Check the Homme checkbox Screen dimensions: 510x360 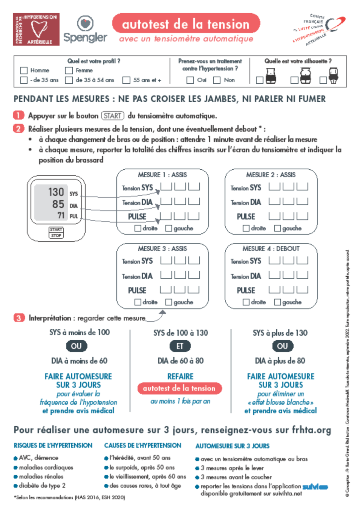click(24, 70)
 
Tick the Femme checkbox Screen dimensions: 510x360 click(69, 70)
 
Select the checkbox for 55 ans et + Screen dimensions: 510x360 click(126, 80)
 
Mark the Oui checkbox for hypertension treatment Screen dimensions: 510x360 click(190, 80)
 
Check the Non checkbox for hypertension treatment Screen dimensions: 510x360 click(217, 80)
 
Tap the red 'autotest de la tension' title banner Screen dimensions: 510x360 click(186, 24)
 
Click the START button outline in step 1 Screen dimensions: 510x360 click(112, 116)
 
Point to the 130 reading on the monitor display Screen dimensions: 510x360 click(56, 192)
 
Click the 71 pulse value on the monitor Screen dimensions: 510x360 click(61, 215)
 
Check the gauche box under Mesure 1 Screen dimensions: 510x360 click(169, 228)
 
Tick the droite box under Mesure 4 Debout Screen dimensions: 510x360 click(246, 302)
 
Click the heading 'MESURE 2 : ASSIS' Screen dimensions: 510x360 click(270, 175)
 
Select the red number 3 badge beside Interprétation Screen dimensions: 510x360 click(19, 318)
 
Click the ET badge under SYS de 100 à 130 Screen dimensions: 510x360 click(180, 346)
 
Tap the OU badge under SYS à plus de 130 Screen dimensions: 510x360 click(282, 346)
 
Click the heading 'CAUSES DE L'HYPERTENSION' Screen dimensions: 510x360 click(143, 445)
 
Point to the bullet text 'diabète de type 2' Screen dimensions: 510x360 click(42, 485)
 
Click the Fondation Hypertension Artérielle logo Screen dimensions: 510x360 click(36, 30)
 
